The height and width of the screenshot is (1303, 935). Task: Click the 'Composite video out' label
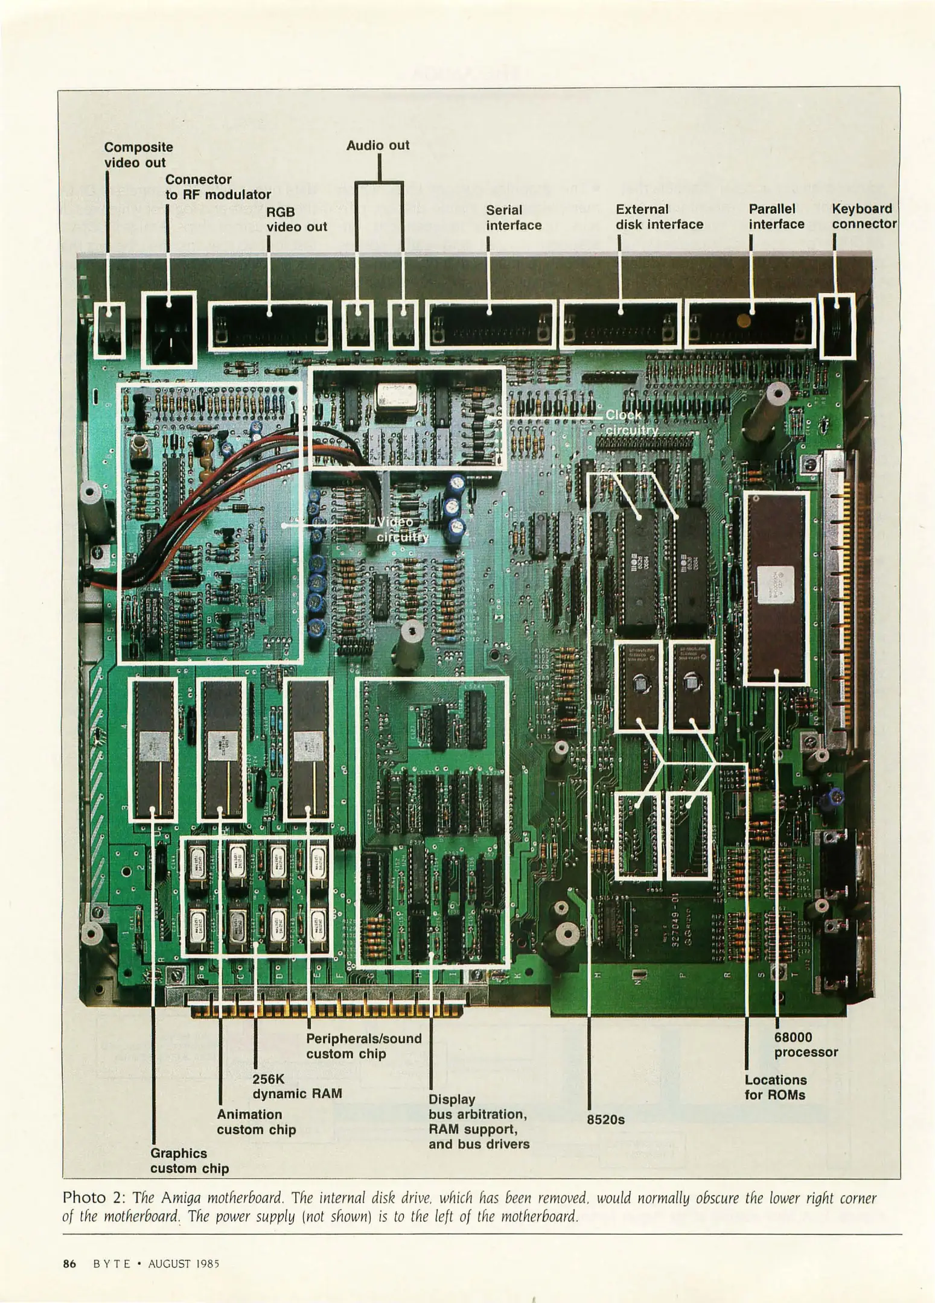138,155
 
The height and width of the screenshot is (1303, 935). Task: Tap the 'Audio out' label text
378,145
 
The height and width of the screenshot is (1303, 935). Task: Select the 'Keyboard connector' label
864,216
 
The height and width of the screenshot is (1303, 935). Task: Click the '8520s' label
605,1120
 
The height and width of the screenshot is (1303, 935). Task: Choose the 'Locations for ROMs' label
775,1087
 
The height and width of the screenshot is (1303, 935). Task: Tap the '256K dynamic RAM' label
297,1086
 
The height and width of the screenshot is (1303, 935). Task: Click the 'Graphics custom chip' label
190,1161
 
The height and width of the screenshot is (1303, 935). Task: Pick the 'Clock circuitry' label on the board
631,422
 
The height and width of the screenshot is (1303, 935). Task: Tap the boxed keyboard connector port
837,326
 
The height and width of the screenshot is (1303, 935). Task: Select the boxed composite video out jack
110,329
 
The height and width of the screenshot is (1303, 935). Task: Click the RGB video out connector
270,326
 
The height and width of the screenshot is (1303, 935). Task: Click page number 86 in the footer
69,1263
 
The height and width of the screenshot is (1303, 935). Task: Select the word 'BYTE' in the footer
112,1263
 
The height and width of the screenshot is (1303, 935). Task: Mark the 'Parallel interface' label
776,217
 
